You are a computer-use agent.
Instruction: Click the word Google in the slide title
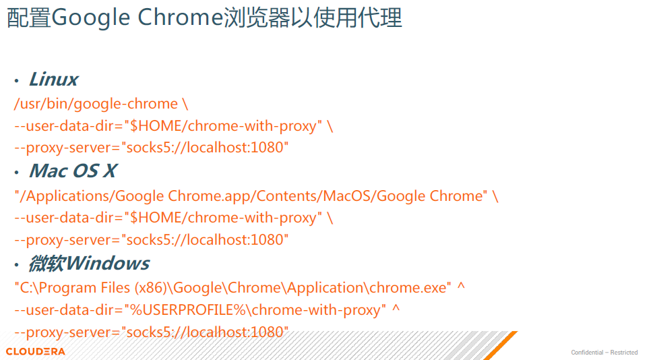[x=91, y=18]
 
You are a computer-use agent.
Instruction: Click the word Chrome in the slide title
[x=180, y=17]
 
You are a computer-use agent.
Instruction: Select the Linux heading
[x=53, y=79]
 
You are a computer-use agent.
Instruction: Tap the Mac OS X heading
[x=73, y=171]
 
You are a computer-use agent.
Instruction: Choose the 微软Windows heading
[x=89, y=264]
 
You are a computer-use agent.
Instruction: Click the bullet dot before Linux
[x=17, y=80]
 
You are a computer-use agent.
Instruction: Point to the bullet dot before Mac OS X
[x=17, y=173]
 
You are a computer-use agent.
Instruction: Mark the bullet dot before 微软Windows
[x=17, y=264]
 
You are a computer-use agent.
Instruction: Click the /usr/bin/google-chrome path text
[x=96, y=104]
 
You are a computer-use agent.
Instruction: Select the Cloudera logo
[x=36, y=351]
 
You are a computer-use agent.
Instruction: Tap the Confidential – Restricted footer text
[x=605, y=353]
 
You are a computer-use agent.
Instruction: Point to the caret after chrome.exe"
[x=461, y=286]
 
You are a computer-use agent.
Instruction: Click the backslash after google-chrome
[x=185, y=104]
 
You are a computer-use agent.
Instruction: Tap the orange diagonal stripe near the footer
[x=501, y=345]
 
